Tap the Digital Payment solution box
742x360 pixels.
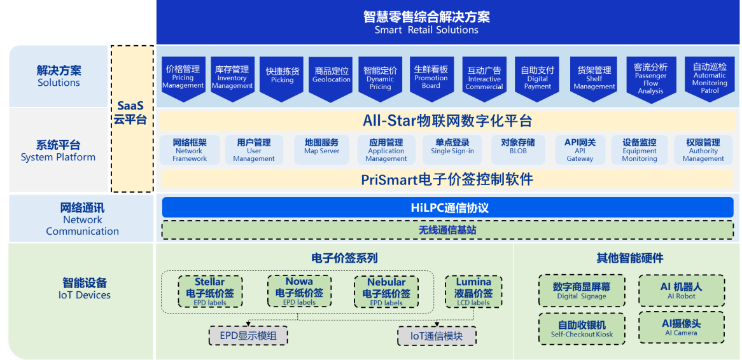537,78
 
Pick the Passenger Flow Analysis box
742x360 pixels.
650,78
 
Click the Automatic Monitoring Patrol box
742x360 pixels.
710,78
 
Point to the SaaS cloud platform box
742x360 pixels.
132,119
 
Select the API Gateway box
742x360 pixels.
580,150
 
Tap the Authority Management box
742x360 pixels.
703,150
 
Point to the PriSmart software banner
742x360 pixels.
447,179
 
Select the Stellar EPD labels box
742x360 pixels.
210,291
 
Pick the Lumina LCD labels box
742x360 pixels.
473,291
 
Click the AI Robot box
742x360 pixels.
681,291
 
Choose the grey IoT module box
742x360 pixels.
436,336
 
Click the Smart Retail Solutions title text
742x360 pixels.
426,22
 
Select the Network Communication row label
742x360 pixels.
82,219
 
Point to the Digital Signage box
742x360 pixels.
582,291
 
